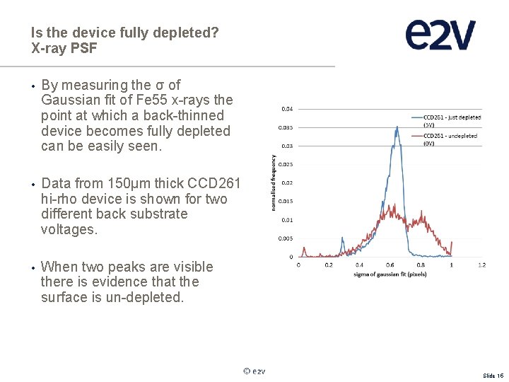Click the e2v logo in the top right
(440, 35)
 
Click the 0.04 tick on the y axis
(288, 109)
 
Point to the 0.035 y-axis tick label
(287, 127)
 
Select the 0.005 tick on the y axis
(287, 238)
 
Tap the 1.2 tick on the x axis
(482, 265)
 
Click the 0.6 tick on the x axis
(390, 265)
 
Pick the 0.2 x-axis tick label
(329, 265)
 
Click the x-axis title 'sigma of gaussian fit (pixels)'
(390, 273)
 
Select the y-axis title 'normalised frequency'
(274, 183)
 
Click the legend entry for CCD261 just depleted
(452, 120)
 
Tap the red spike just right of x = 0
(303, 249)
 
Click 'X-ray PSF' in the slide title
(64, 48)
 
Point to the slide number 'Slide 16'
(493, 376)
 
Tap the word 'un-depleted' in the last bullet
(150, 297)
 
